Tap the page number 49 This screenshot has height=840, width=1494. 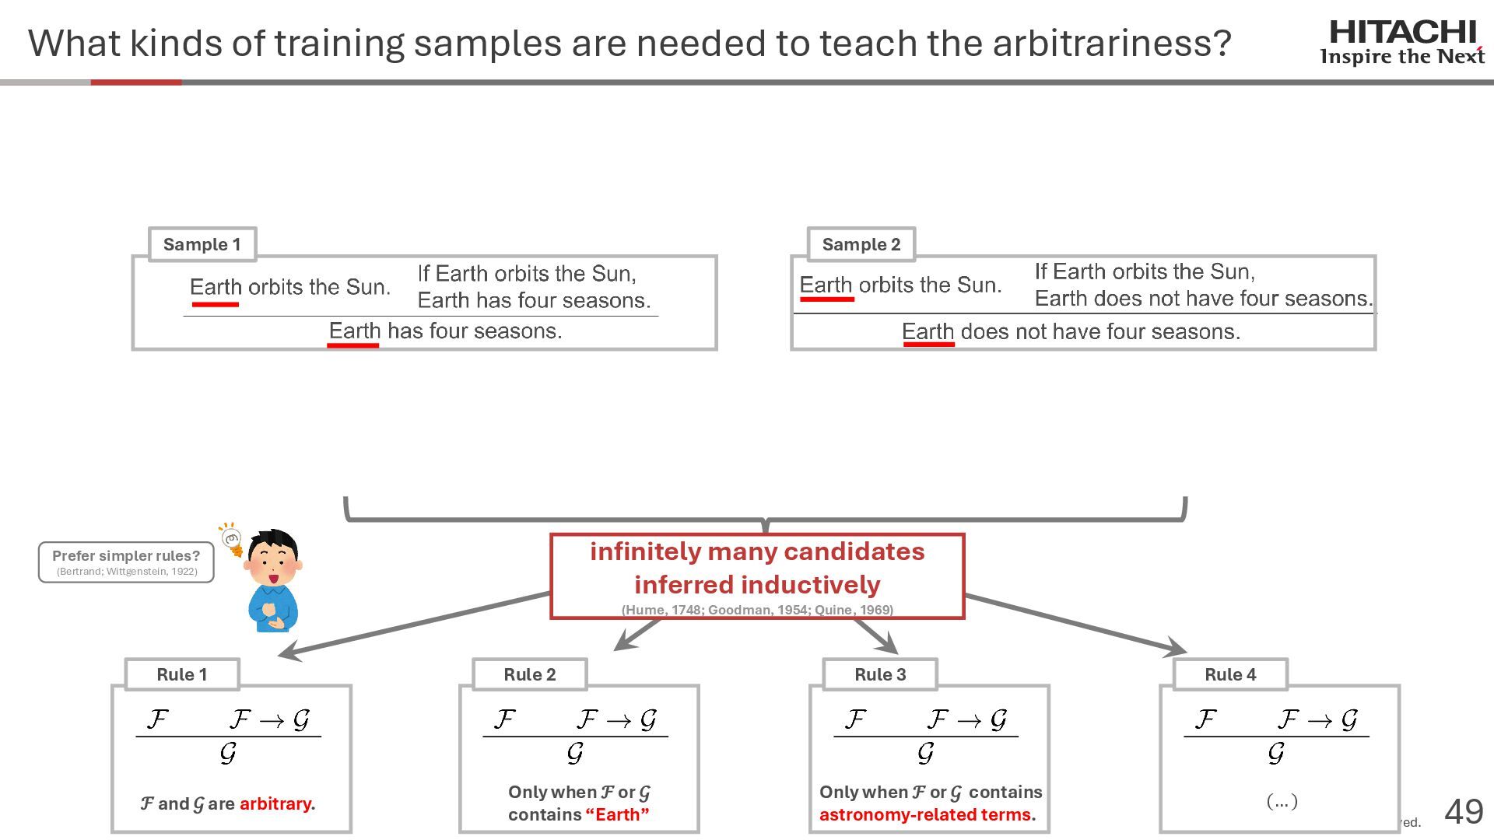tap(1464, 811)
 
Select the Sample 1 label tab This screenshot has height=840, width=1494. tap(202, 244)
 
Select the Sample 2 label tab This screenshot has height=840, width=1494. tap(861, 244)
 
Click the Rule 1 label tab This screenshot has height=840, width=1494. tap(181, 674)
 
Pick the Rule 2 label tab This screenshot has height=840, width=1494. tap(529, 674)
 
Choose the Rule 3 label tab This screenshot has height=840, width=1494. tap(880, 674)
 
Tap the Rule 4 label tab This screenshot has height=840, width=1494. tap(1230, 674)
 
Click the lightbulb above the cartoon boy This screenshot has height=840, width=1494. tap(231, 538)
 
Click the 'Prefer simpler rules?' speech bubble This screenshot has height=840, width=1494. tap(126, 562)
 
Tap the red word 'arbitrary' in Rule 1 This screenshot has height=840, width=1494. tap(275, 803)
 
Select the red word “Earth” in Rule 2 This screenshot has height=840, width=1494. tap(617, 814)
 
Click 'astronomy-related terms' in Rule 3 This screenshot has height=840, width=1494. tap(925, 814)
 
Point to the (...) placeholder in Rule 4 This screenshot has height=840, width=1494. tap(1282, 800)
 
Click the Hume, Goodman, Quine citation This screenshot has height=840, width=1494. tap(757, 610)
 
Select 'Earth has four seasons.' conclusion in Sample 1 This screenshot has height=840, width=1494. tap(445, 331)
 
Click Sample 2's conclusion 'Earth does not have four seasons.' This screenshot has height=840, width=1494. tap(1071, 332)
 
